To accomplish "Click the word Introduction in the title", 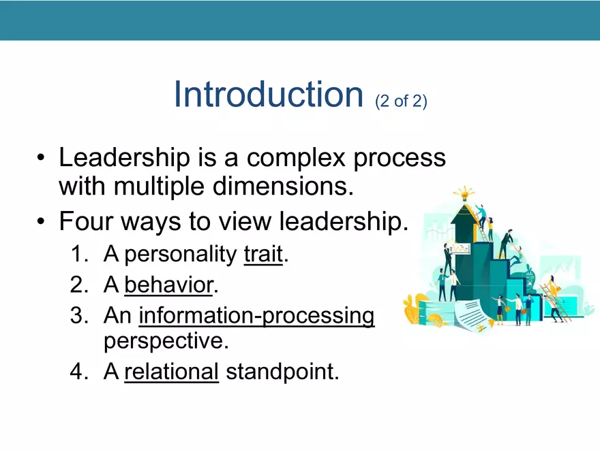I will [267, 94].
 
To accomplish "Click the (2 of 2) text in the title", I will [401, 101].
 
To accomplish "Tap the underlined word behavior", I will [168, 286].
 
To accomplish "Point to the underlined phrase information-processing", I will [256, 317].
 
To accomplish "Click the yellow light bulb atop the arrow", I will [465, 193].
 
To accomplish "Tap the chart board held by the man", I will [462, 248].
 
